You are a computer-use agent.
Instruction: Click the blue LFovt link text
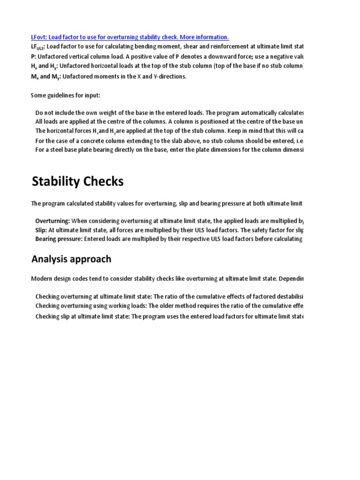40,37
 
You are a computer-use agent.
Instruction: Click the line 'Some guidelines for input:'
66,96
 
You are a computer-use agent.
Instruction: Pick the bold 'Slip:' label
41,230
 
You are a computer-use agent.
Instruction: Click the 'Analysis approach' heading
71,259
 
